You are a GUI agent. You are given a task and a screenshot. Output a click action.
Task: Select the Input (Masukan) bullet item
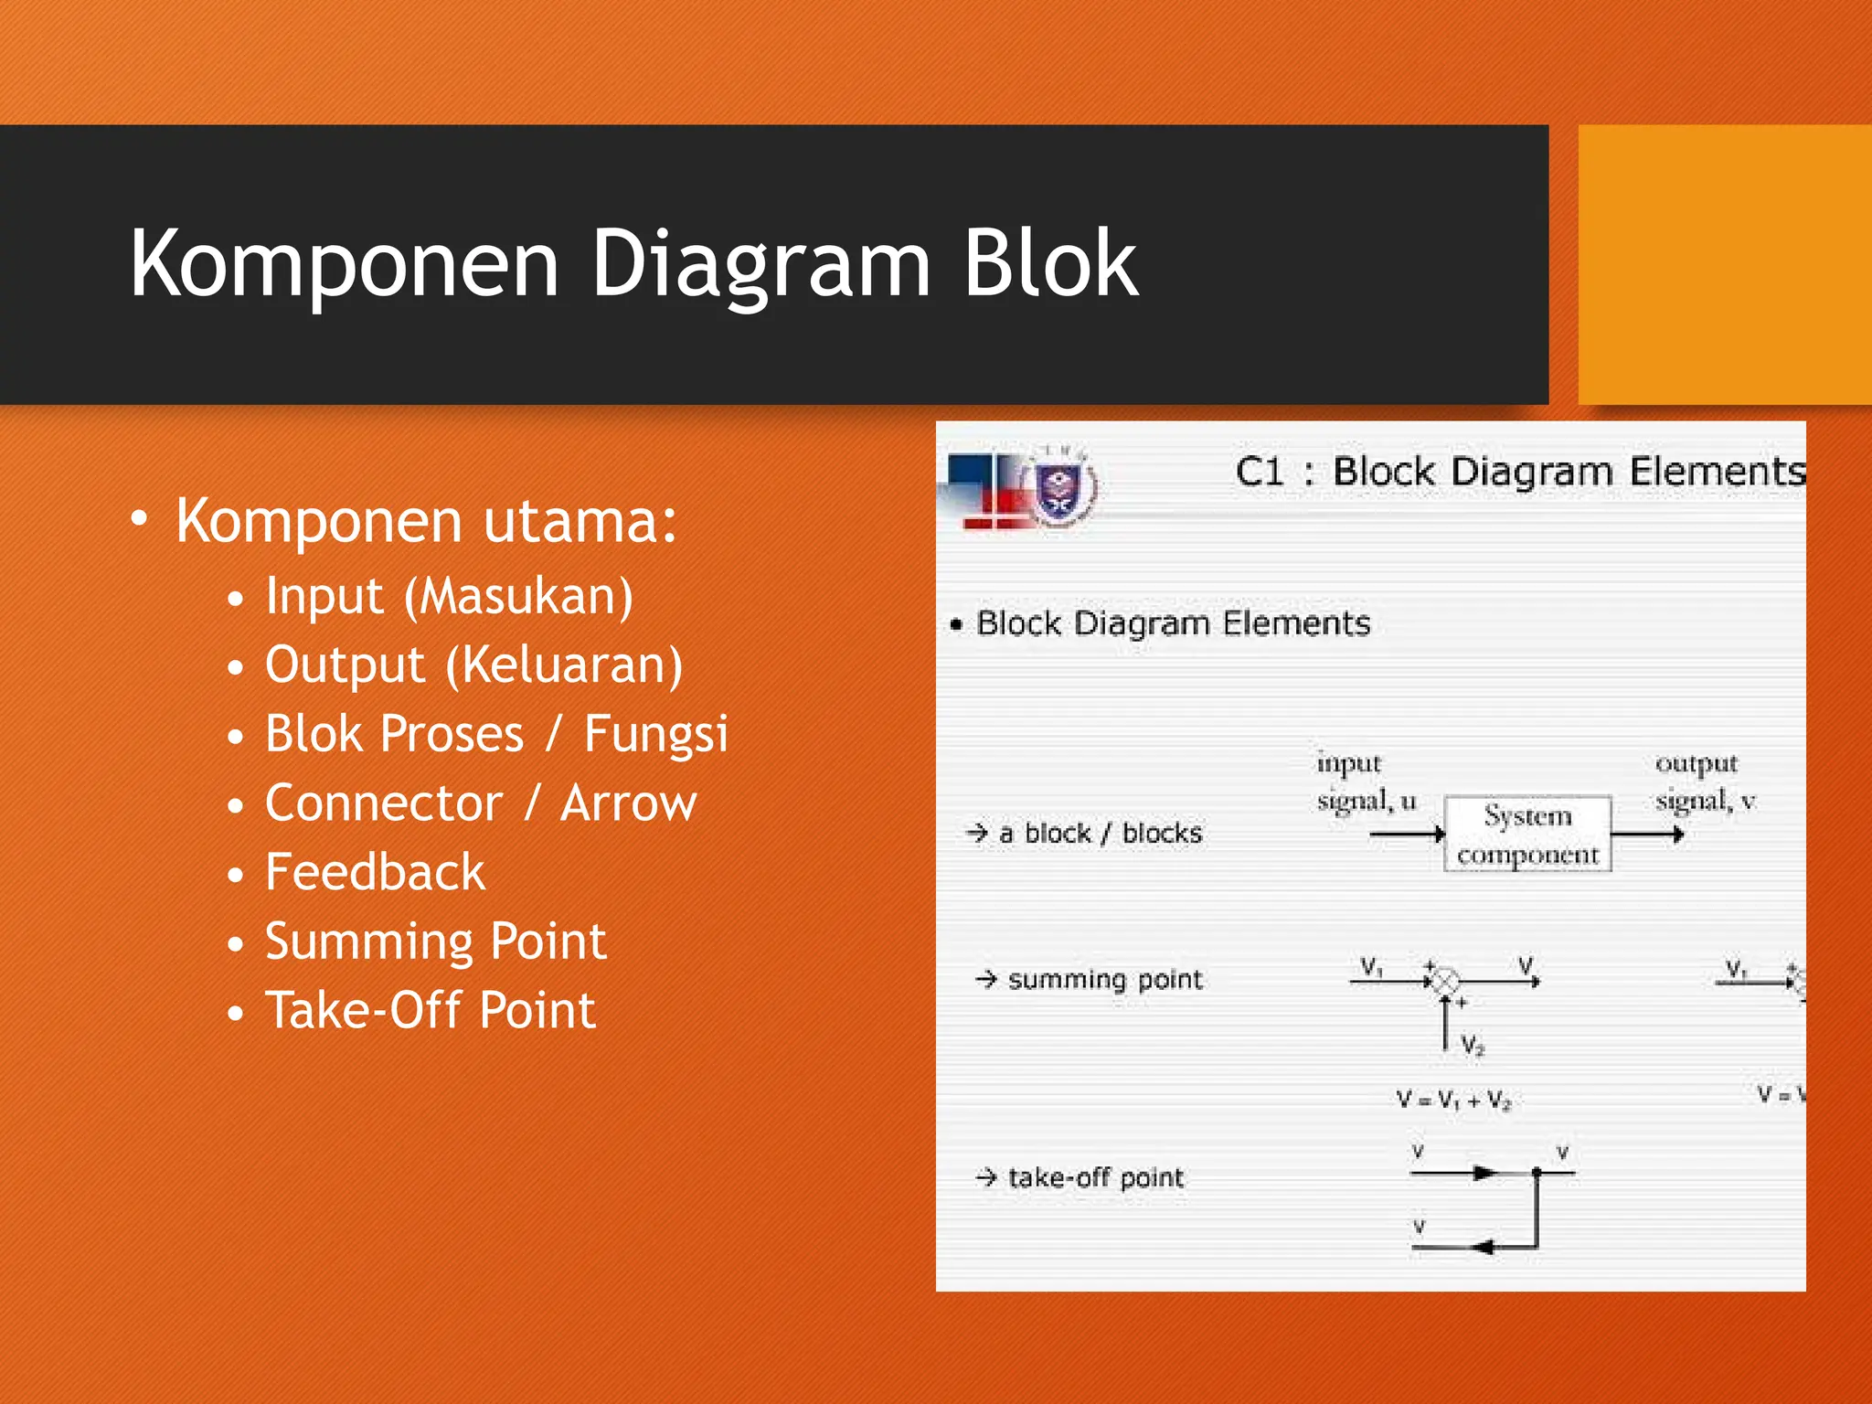[x=448, y=596]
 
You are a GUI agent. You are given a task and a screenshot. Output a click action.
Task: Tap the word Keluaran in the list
[x=563, y=665]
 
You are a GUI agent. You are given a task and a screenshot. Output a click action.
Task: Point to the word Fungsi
[x=655, y=735]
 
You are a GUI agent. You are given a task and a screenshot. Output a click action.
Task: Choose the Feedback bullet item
[x=375, y=872]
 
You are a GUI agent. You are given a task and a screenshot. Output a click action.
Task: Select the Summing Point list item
[x=435, y=941]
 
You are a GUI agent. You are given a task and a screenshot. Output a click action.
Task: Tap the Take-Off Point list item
[x=430, y=1011]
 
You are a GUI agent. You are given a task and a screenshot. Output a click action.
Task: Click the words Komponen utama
[x=426, y=521]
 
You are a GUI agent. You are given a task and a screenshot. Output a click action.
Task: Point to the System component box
[x=1526, y=834]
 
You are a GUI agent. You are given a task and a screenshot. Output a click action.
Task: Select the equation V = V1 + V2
[x=1453, y=1100]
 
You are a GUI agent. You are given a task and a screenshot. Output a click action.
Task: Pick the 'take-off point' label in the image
[x=1095, y=1177]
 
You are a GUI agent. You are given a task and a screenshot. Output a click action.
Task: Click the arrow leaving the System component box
[x=1646, y=834]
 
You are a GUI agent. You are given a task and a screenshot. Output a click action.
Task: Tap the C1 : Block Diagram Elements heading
[x=1519, y=472]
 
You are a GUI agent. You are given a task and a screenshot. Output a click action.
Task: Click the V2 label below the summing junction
[x=1472, y=1045]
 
